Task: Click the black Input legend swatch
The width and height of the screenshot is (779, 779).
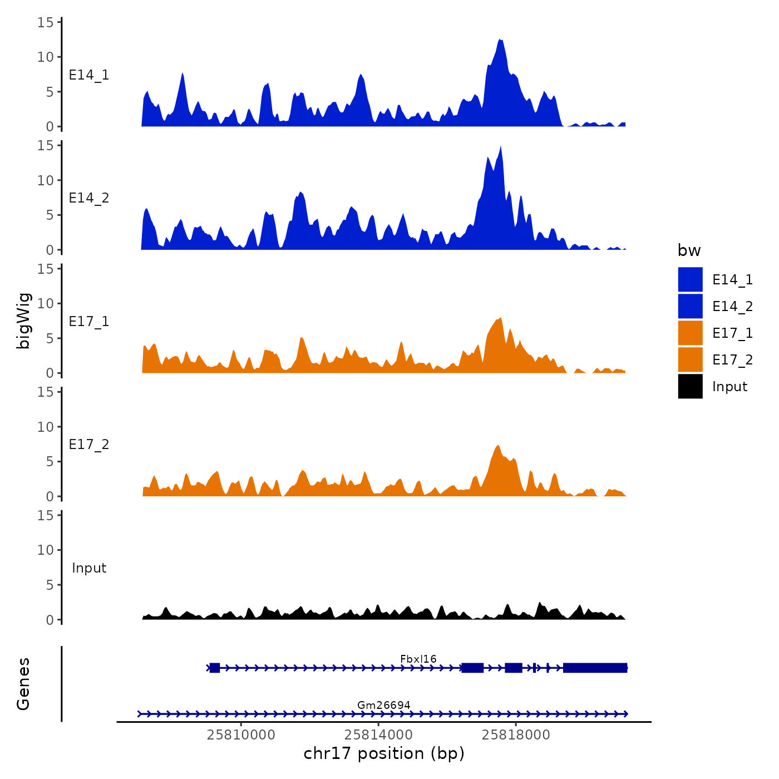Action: point(690,386)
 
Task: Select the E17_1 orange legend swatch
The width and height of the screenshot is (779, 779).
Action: point(690,333)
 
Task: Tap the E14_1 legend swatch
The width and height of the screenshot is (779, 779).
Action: point(690,279)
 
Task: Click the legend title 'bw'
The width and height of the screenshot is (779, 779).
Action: point(689,250)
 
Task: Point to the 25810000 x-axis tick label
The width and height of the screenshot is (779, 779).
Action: point(241,734)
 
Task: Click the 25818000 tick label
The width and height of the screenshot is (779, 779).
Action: point(516,734)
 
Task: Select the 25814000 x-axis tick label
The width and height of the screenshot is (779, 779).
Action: point(378,734)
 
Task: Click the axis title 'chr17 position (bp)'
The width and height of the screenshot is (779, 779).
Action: point(384,753)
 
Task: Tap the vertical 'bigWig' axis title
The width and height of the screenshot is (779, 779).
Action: point(23,321)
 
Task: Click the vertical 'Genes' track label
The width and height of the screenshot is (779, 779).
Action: point(23,684)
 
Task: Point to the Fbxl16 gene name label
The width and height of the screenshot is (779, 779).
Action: point(418,659)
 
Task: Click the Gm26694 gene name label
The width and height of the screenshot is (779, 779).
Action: point(384,705)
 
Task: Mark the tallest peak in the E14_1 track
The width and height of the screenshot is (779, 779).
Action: point(501,41)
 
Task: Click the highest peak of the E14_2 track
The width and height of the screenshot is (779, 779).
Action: point(501,147)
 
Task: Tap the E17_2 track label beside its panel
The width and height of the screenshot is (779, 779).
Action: point(89,445)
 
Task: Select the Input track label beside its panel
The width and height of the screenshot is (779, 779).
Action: point(89,568)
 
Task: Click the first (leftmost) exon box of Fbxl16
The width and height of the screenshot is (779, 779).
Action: point(215,668)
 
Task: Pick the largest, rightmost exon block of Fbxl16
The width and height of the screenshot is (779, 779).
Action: point(595,668)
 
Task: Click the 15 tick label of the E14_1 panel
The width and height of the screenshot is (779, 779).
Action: point(46,22)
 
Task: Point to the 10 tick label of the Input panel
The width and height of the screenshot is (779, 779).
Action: point(46,550)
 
